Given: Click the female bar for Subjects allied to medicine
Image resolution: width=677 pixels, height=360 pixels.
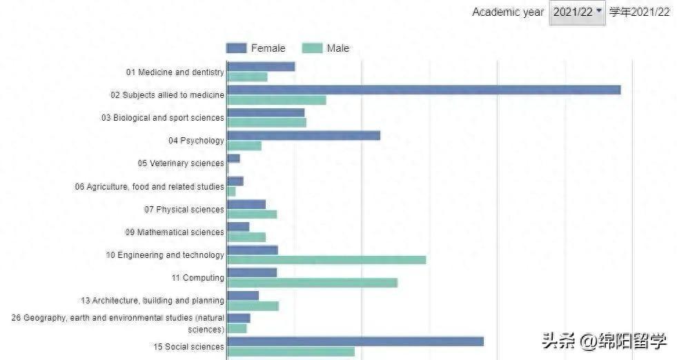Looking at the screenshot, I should [x=424, y=90].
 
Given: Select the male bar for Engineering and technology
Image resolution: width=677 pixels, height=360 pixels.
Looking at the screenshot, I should [x=326, y=260].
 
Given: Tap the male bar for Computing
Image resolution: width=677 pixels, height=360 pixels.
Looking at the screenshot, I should [x=312, y=283].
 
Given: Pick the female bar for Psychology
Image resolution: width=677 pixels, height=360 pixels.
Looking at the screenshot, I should [x=304, y=135].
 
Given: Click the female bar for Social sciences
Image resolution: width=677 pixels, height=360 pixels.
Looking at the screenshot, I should [x=355, y=341].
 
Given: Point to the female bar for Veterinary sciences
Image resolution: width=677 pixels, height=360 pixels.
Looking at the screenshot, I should [x=234, y=159].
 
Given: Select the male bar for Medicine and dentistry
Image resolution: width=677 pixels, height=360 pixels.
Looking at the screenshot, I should [x=247, y=77].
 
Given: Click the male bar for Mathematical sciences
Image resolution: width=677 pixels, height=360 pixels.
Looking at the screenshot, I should [x=246, y=237].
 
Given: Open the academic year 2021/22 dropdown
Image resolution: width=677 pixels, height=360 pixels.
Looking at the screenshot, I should [x=577, y=12].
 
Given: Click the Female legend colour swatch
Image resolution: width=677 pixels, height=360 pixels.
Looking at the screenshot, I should [x=236, y=48].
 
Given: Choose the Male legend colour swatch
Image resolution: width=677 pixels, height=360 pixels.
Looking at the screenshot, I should [x=313, y=48].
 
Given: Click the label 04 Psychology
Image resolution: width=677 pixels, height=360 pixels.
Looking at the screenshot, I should [x=196, y=141].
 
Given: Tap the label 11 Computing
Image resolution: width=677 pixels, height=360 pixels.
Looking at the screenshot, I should [x=198, y=278].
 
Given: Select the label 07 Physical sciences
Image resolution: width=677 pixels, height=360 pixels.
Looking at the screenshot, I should [x=184, y=210].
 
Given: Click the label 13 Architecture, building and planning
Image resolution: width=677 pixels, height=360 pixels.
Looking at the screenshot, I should [x=153, y=301].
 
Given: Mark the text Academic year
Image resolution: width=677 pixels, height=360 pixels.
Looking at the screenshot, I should [x=508, y=12].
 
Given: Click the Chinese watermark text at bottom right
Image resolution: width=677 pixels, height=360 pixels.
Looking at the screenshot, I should [x=604, y=341].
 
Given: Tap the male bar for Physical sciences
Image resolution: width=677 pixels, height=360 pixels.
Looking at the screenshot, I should [x=252, y=214].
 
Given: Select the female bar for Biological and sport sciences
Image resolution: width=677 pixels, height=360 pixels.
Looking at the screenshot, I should [x=266, y=112].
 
